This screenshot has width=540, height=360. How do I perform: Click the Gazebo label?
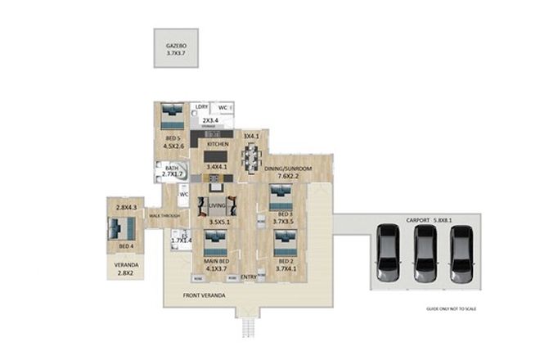coord(177,46)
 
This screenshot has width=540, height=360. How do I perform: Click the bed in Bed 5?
coord(172,116)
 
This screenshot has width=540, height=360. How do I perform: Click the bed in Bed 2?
coord(285,241)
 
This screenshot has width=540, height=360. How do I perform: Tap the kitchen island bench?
coord(215,156)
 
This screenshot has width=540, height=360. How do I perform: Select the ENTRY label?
coord(249,277)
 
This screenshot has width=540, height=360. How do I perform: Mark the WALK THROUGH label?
coord(165,216)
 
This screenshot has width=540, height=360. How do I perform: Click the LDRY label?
coord(200,107)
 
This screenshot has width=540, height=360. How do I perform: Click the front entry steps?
coord(245,327)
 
